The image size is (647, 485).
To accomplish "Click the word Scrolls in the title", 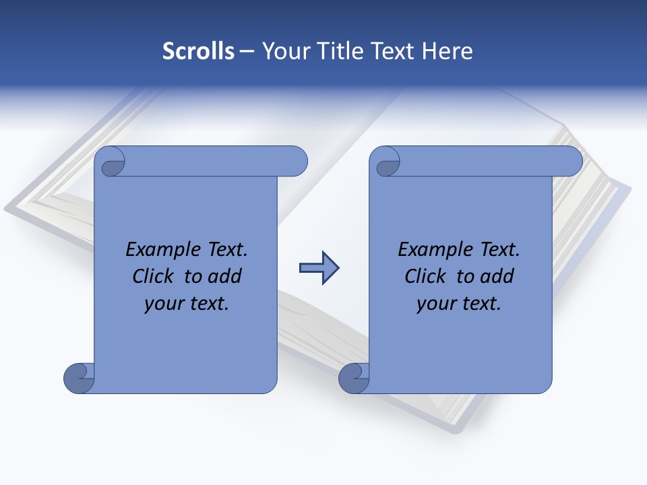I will [x=198, y=51].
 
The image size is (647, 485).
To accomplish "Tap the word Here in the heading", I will [x=448, y=51].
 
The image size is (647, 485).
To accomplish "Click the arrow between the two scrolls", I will [x=319, y=268].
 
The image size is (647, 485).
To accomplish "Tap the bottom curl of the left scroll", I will [x=79, y=378].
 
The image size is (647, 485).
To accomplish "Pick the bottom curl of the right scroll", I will [x=353, y=378].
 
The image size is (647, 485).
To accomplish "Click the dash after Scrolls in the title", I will [x=247, y=51].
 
